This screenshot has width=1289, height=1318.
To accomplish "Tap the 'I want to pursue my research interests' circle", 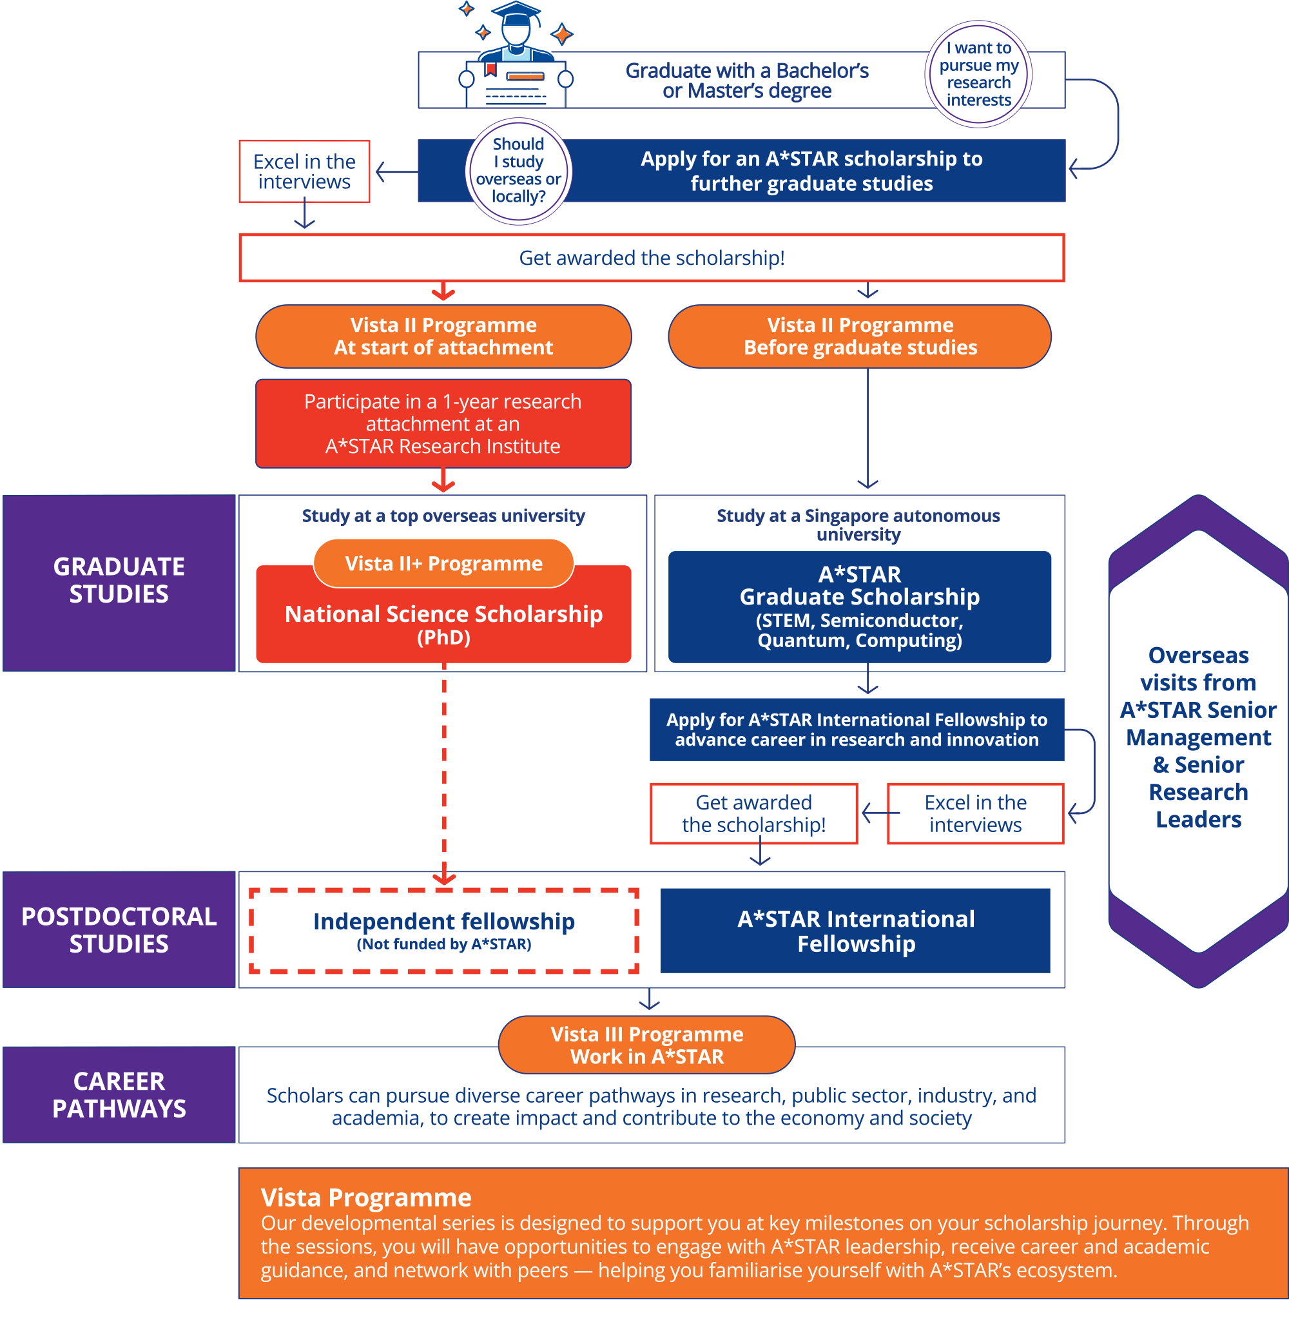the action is pos(978,73).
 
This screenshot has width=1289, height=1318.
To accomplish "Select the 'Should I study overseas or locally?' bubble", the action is pos(519,171).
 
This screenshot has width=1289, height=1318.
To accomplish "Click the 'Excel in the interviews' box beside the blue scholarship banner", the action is pos(305,171).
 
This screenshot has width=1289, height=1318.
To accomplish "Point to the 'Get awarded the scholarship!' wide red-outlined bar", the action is pos(652,258).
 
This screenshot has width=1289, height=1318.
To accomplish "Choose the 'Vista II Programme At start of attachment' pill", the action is pos(443,336).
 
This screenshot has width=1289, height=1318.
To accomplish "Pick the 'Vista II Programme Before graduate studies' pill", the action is pos(860,336).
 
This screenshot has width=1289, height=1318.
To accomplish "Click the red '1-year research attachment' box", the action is pos(443,424).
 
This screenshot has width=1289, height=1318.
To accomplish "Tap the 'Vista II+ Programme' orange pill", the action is pos(443,563).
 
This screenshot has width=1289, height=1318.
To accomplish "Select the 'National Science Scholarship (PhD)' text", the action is pos(443,624).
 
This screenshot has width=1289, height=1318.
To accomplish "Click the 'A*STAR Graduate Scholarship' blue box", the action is pos(860,607).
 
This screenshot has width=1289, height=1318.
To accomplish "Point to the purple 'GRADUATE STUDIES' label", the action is pos(119,583).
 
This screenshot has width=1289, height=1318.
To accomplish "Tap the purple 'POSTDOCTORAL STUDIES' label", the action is pos(119,929).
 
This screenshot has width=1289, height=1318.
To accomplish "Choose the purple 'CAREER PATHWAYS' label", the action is pos(119,1094).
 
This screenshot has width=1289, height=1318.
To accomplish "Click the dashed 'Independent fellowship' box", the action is pos(443,931).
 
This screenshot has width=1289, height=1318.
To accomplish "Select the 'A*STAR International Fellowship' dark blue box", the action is pos(856,931).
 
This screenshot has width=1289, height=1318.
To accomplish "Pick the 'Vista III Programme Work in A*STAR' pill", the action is pos(646,1045).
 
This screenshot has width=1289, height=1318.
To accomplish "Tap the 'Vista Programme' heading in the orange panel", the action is pos(366,1197).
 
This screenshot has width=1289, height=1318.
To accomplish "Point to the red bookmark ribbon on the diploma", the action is pos(491,69).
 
